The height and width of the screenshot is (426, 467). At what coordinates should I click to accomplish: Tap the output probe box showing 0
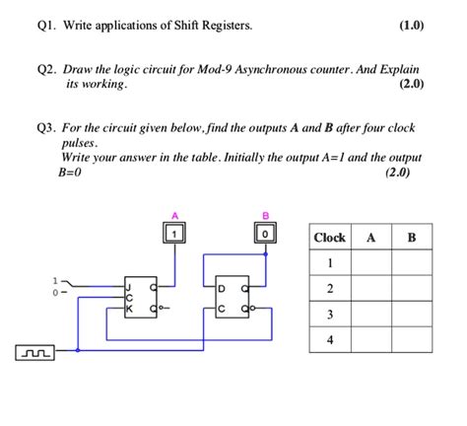pos(265,233)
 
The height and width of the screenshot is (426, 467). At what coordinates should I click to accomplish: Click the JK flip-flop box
pos(140,293)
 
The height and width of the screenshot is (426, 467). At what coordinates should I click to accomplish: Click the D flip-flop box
pos(234,293)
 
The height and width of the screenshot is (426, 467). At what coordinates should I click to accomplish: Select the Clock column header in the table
pos(329,238)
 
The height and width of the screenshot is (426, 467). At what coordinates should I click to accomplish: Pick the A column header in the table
pos(370,238)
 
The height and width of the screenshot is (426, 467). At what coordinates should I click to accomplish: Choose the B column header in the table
pos(411,238)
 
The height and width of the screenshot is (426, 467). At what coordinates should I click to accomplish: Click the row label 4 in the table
pos(330,340)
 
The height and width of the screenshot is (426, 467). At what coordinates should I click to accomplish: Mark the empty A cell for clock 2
pos(370,288)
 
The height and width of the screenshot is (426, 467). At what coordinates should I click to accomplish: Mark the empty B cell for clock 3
pos(411,315)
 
